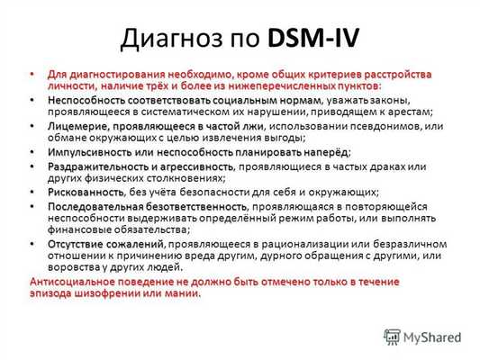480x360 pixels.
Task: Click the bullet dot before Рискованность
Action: point(35,192)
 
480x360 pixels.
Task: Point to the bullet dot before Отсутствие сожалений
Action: point(35,244)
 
